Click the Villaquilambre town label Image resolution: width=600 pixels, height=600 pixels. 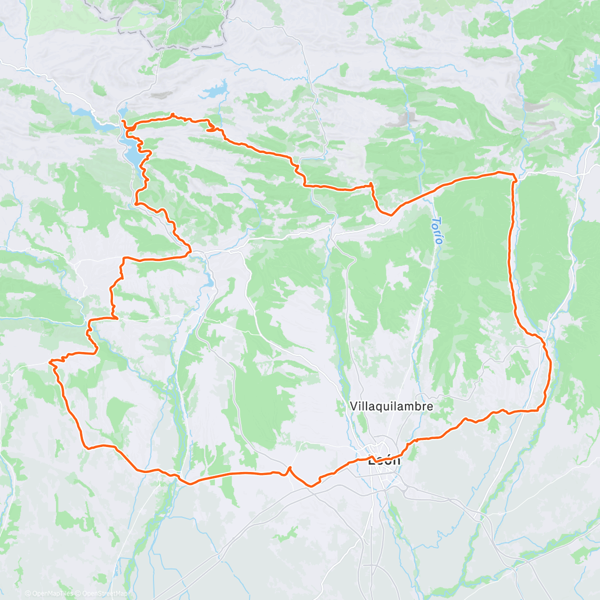pyautogui.click(x=391, y=406)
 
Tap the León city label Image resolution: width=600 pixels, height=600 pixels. pyautogui.click(x=384, y=460)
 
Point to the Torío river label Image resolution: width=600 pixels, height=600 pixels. pyautogui.click(x=438, y=230)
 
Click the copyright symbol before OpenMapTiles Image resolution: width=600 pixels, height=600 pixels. pyautogui.click(x=28, y=593)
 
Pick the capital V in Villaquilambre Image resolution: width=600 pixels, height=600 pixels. pyautogui.click(x=353, y=406)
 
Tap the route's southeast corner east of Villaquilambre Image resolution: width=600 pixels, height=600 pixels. pyautogui.click(x=539, y=409)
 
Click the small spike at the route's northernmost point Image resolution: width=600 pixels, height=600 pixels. pyautogui.click(x=172, y=114)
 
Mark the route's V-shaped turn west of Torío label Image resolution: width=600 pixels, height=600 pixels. pyautogui.click(x=389, y=214)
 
